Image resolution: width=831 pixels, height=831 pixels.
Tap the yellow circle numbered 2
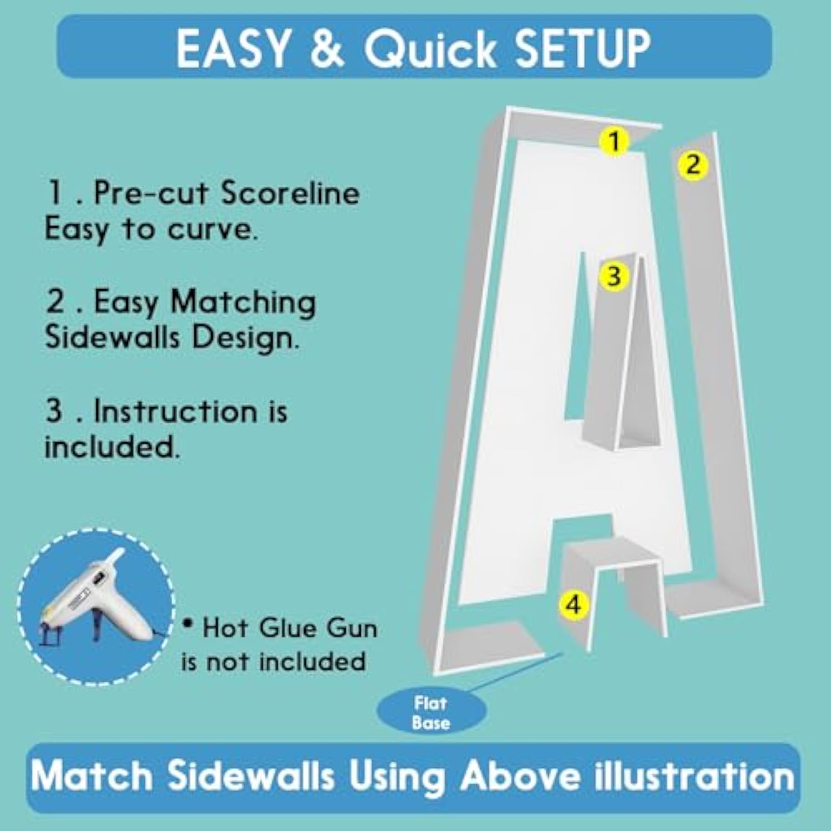click(693, 165)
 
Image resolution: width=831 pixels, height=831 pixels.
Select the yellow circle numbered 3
click(613, 275)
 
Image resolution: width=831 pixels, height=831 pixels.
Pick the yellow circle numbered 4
click(574, 604)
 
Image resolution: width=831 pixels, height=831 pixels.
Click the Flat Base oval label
click(431, 712)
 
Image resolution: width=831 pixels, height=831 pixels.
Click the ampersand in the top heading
click(327, 48)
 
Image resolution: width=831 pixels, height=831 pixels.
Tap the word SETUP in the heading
click(583, 48)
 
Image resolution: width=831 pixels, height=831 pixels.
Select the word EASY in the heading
click(233, 48)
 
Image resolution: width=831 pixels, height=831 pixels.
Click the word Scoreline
click(290, 193)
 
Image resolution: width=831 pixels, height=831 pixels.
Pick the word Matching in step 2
click(243, 304)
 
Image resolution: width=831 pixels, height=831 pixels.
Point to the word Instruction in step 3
click(176, 411)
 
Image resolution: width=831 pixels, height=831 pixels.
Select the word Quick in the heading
click(430, 49)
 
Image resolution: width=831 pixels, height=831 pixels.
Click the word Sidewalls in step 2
click(112, 337)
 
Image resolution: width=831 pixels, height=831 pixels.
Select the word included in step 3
click(112, 446)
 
